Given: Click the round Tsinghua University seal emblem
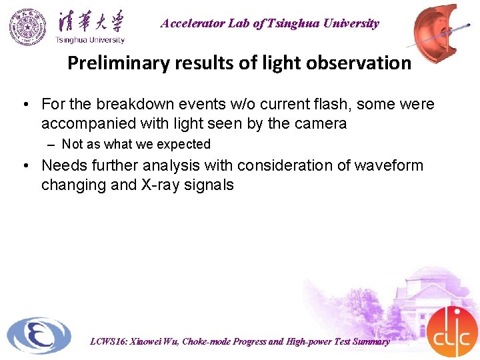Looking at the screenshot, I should point(28,26).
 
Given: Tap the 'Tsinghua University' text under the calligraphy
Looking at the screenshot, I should point(89,39).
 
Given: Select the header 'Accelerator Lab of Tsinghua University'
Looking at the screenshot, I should point(269,23).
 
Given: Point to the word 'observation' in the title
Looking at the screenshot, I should point(364,63).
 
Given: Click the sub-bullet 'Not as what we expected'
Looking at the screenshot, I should point(136,144).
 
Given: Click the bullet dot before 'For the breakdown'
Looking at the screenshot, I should point(23,105).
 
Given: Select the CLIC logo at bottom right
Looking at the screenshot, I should point(451,333).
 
